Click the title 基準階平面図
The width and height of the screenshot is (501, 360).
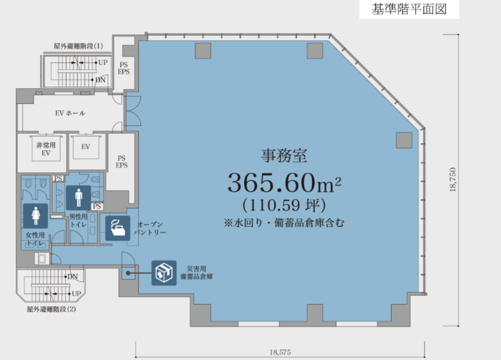tap(409, 9)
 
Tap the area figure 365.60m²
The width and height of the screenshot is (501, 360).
tap(284, 183)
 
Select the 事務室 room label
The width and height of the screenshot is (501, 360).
tap(284, 155)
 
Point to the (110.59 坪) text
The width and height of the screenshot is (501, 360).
tap(284, 205)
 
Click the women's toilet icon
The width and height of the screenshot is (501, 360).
tap(36, 216)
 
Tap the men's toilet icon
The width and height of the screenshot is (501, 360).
tap(79, 198)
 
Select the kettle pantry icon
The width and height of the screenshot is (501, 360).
tap(117, 228)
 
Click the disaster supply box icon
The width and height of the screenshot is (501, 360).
tap(164, 273)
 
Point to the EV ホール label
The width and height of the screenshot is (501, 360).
tap(70, 113)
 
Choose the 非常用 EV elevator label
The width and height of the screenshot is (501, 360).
tap(46, 149)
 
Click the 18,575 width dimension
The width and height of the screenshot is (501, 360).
tap(281, 352)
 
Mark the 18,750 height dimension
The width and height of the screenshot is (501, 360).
tap(452, 180)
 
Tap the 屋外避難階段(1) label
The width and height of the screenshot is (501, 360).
tap(78, 46)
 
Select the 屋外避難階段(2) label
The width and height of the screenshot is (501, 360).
tap(51, 309)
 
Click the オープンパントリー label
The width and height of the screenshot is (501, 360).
tap(150, 228)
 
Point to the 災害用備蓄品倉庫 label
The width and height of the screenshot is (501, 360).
tap(197, 273)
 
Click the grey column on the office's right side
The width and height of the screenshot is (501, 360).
tap(404, 140)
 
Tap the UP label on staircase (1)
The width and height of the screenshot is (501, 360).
tap(103, 62)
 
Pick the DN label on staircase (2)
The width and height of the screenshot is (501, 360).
tap(72, 277)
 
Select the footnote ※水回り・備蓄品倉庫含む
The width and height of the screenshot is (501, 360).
tap(284, 223)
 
